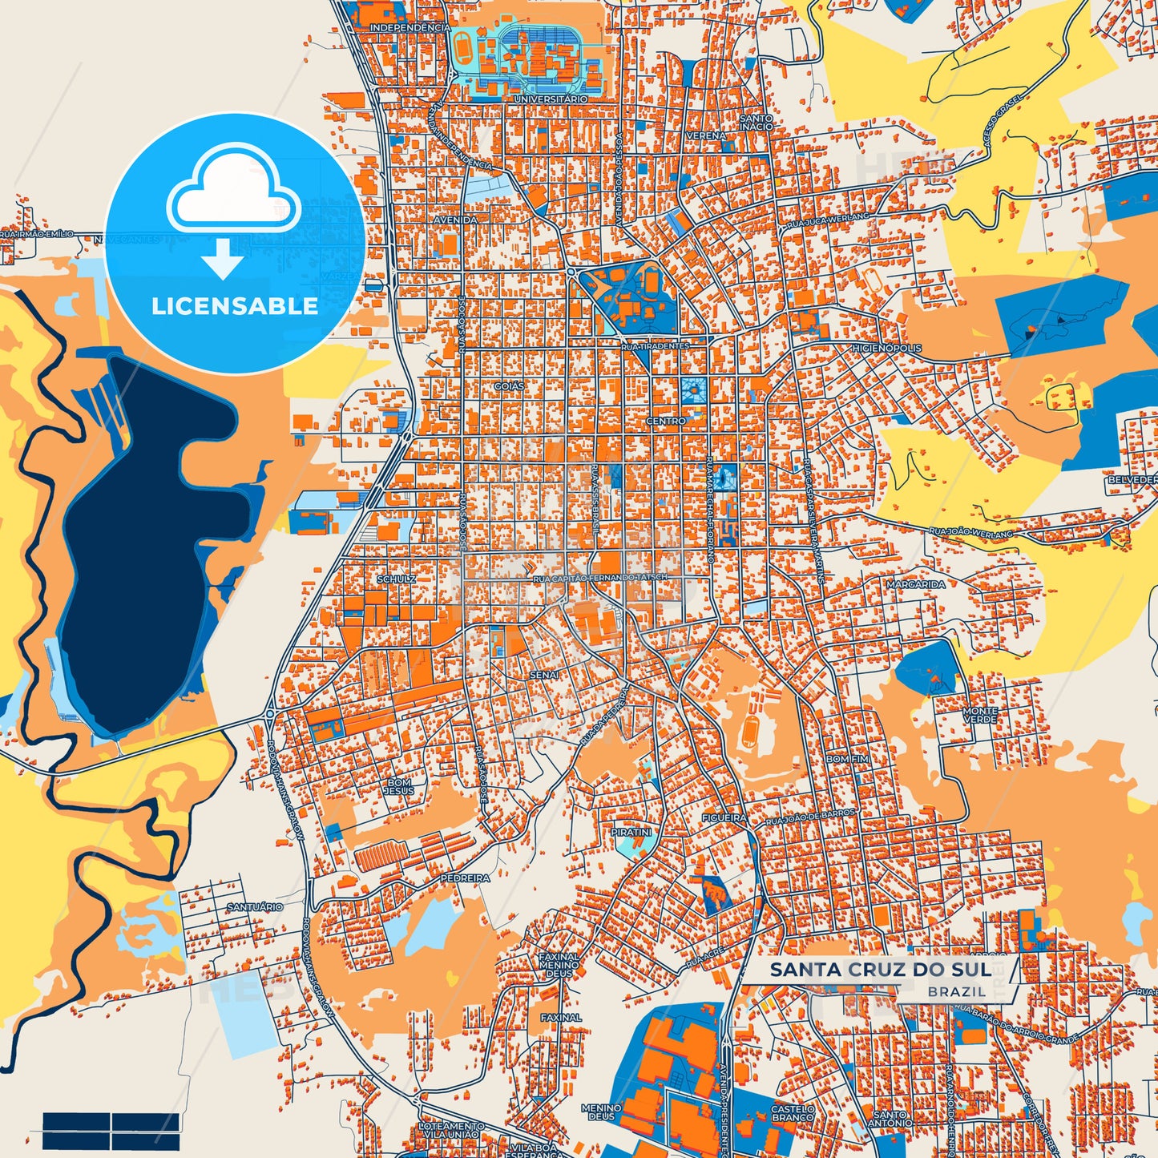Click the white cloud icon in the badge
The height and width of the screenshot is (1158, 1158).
(x=234, y=196)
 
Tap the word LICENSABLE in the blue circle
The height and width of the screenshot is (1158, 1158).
(x=235, y=306)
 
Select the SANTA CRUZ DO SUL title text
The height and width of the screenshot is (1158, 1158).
(x=879, y=970)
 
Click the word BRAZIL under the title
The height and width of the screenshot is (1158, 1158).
(x=958, y=991)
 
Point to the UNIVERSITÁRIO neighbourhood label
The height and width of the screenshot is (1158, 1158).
(x=550, y=99)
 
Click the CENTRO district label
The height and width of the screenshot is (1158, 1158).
(x=666, y=421)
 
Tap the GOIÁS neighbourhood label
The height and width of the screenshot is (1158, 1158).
(x=509, y=386)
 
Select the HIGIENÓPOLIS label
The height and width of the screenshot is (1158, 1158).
(x=886, y=349)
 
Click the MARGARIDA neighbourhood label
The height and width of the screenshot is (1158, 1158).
(x=915, y=585)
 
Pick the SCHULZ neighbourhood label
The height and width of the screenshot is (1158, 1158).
(x=396, y=579)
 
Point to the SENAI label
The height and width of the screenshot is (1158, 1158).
(x=543, y=676)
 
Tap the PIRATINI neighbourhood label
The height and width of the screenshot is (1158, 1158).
(x=631, y=833)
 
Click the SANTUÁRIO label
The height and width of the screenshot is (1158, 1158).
(x=255, y=907)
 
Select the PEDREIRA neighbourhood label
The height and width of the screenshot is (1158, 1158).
(x=465, y=878)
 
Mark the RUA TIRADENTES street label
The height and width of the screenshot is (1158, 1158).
(x=655, y=346)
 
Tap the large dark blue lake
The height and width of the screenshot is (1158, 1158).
(x=136, y=545)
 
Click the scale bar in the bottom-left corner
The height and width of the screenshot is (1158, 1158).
(x=111, y=1130)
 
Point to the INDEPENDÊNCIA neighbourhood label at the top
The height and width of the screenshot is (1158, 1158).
(x=410, y=28)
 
